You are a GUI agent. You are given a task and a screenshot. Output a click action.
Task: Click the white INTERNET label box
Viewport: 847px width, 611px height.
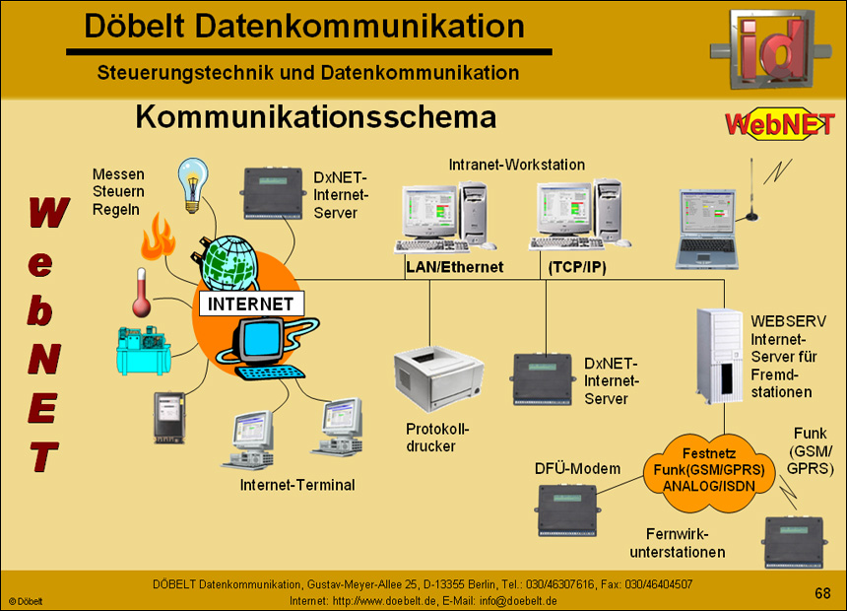pyautogui.click(x=252, y=304)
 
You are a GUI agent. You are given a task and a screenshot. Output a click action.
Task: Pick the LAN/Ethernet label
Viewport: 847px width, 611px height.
pyautogui.click(x=454, y=267)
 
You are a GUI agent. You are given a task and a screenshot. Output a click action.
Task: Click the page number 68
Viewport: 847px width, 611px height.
pyautogui.click(x=822, y=592)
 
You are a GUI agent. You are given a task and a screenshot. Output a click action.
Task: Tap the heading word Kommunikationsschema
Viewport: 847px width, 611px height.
pyautogui.click(x=315, y=118)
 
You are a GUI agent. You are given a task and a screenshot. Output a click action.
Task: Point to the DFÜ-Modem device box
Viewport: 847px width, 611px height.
pyautogui.click(x=567, y=509)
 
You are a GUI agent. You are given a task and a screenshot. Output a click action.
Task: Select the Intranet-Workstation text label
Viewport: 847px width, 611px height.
pyautogui.click(x=516, y=165)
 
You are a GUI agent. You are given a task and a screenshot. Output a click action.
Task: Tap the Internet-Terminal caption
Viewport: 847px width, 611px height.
pyautogui.click(x=297, y=485)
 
